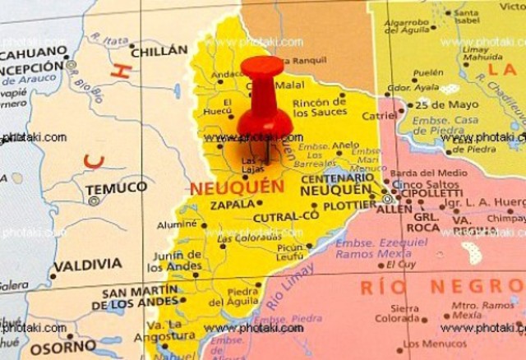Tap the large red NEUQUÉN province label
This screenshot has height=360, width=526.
click(x=237, y=187)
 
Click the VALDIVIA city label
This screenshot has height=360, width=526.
click(x=89, y=265)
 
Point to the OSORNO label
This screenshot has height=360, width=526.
click(x=63, y=348)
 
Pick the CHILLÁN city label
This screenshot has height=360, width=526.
click(x=159, y=50)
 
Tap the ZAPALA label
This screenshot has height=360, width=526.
click(x=232, y=205)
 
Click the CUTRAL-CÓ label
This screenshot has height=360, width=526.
click(x=285, y=217)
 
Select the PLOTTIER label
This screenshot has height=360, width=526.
click(x=349, y=205)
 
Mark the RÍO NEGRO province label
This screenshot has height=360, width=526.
click(x=442, y=287)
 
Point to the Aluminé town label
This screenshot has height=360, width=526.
click(x=178, y=224)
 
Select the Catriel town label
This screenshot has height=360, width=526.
click(x=379, y=116)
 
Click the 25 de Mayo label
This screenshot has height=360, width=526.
click(x=445, y=104)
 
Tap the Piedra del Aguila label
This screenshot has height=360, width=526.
click(x=242, y=297)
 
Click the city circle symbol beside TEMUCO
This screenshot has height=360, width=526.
click(x=94, y=201)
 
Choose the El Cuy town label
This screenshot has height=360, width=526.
click(x=401, y=265)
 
